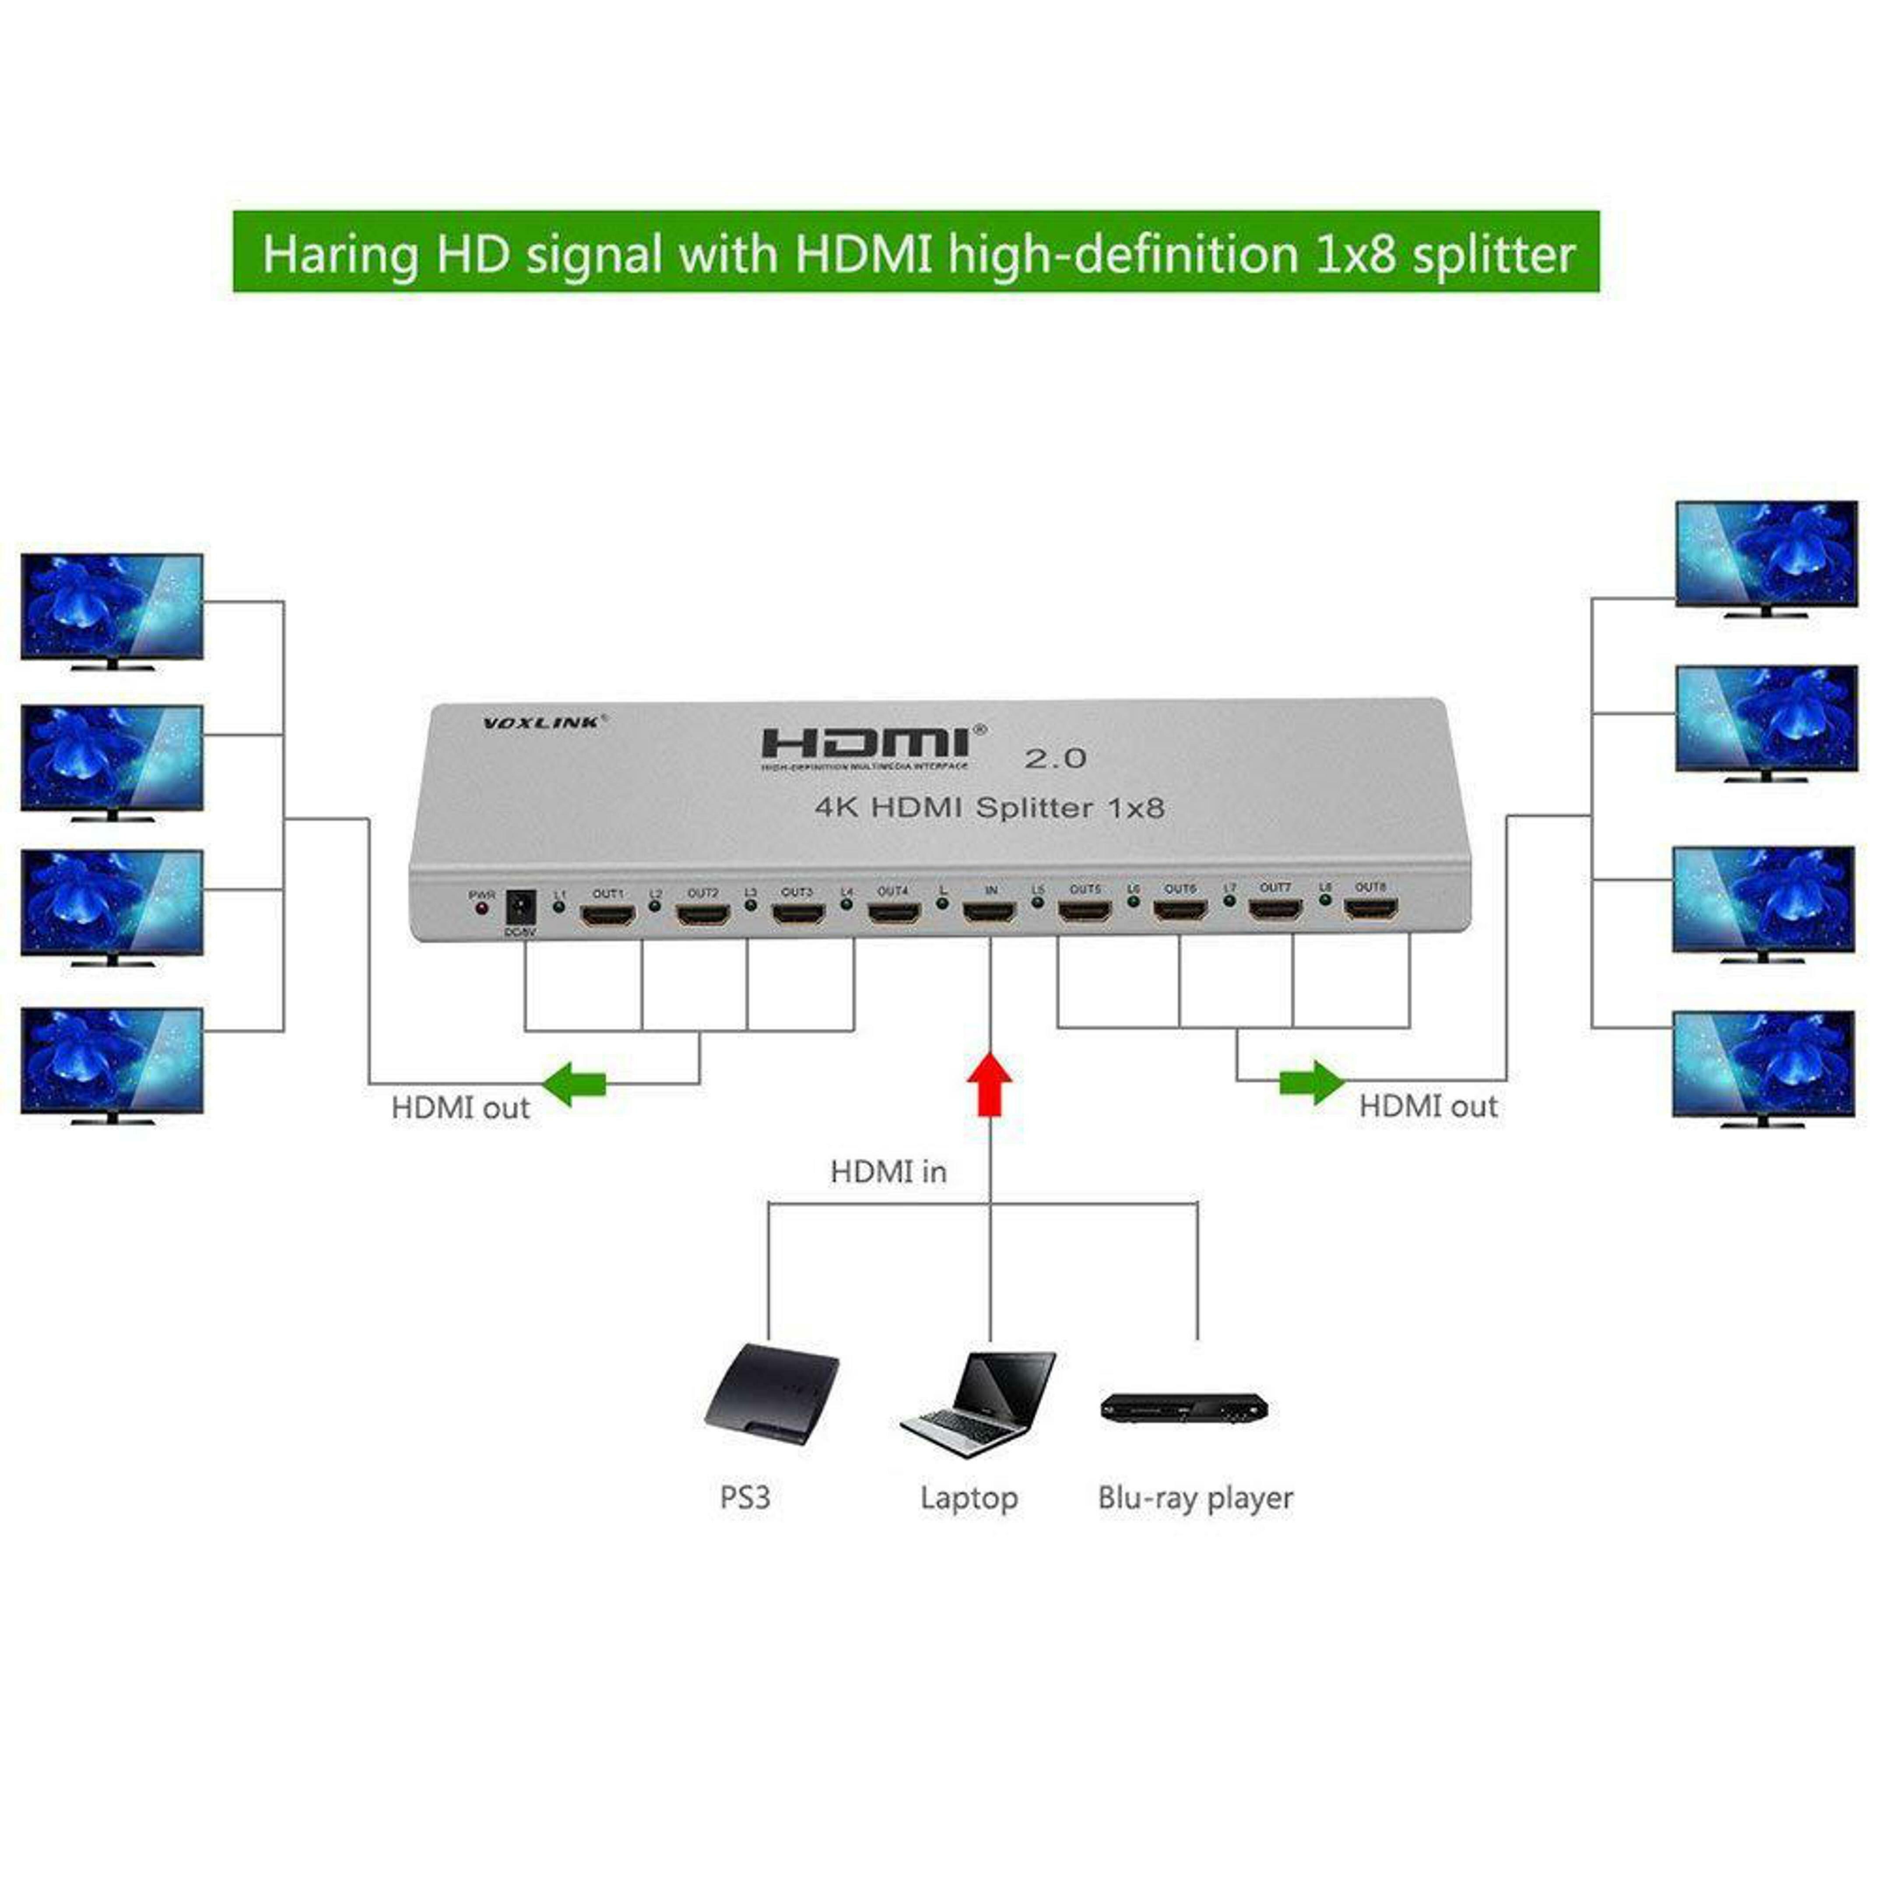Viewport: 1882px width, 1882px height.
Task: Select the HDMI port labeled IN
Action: pos(989,914)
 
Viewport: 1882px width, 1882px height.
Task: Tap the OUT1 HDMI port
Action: pos(608,916)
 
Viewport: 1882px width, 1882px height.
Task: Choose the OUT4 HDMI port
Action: pos(893,915)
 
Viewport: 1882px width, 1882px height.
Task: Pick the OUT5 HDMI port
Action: pos(1084,914)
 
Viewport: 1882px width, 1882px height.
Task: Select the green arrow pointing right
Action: pos(1312,1081)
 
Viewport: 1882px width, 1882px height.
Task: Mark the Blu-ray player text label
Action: pos(1195,1497)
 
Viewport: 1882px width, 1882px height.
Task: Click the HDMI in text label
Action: pos(888,1172)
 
